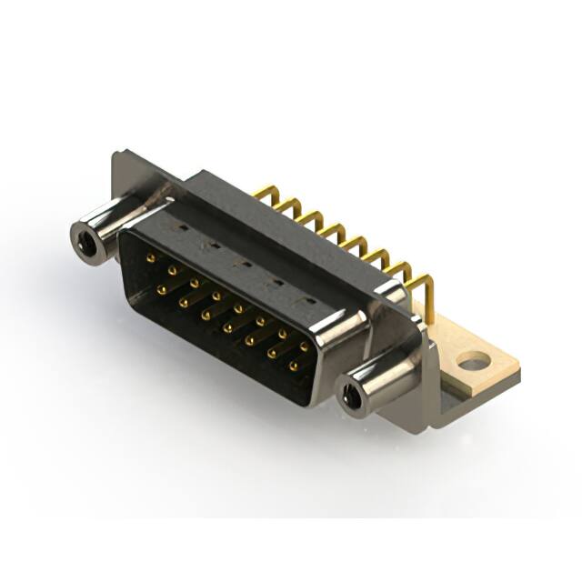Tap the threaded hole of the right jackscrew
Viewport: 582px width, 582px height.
coord(351,395)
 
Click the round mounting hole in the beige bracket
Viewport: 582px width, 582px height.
coord(473,363)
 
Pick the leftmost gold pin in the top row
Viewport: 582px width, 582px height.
coord(149,257)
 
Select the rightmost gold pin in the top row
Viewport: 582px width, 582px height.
coord(304,346)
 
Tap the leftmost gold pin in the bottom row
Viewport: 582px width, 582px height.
coord(161,290)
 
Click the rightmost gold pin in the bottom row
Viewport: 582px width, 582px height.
coord(293,366)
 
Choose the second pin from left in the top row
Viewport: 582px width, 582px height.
coord(171,270)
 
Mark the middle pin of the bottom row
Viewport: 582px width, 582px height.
coord(227,327)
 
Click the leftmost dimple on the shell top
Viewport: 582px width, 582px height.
coord(179,227)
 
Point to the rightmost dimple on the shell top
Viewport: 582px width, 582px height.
coord(309,299)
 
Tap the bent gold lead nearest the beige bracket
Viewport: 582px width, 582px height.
coord(424,289)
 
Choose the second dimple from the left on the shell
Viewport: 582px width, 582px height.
coord(210,245)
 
